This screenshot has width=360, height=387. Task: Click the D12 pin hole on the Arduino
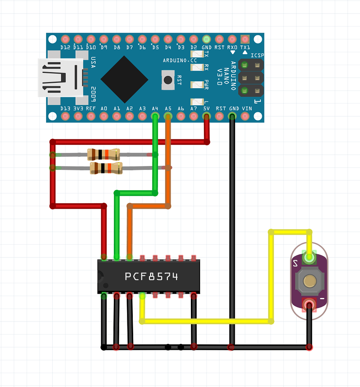tap(65, 39)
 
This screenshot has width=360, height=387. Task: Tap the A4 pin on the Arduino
tap(155, 116)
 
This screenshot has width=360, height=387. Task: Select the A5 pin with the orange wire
tap(168, 116)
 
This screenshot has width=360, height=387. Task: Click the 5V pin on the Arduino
tap(206, 116)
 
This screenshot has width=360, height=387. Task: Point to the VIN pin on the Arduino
tap(245, 116)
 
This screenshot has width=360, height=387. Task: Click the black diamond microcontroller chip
tap(124, 79)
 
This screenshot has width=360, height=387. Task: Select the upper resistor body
tap(104, 154)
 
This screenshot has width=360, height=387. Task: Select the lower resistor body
tap(106, 168)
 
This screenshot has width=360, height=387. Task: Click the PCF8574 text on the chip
tap(151, 276)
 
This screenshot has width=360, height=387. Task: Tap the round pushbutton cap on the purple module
tap(310, 281)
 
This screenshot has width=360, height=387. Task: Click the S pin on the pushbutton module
tap(309, 257)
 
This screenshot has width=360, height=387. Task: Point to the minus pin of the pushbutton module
tap(309, 305)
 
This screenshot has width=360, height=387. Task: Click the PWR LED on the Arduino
tap(197, 85)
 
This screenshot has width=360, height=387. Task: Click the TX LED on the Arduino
tap(197, 54)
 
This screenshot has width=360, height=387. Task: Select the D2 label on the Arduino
tap(194, 47)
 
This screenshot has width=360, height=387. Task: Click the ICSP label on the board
tap(257, 55)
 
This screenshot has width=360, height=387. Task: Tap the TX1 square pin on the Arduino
tap(245, 39)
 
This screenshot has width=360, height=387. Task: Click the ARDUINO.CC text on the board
tap(180, 60)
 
